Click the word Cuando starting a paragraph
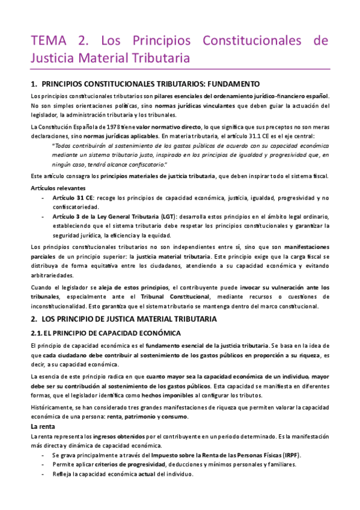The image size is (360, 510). tap(40, 287)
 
